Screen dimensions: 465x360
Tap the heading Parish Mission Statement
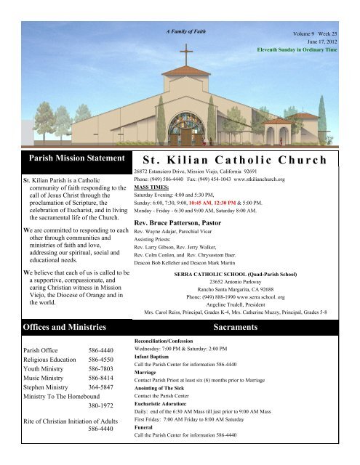65,157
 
